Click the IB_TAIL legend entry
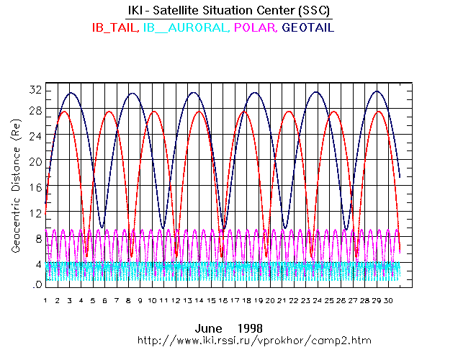114,28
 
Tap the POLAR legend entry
256,28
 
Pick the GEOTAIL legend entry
308,28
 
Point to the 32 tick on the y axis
35,90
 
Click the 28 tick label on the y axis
35,110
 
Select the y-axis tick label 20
35,161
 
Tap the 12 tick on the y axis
35,213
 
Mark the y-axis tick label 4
37,264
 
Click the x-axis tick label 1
45,300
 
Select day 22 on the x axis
294,300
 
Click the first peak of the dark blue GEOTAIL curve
71,93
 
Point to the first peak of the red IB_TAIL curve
63,112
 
